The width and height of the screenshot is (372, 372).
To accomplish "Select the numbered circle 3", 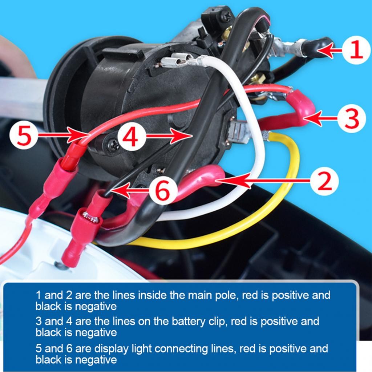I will (351, 118).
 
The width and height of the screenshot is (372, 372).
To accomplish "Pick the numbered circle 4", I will (132, 137).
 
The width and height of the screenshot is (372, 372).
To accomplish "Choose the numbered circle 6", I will (163, 191).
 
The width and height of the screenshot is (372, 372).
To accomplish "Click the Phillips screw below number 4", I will (113, 145).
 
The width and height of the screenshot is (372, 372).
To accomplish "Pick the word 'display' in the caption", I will (111, 349).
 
